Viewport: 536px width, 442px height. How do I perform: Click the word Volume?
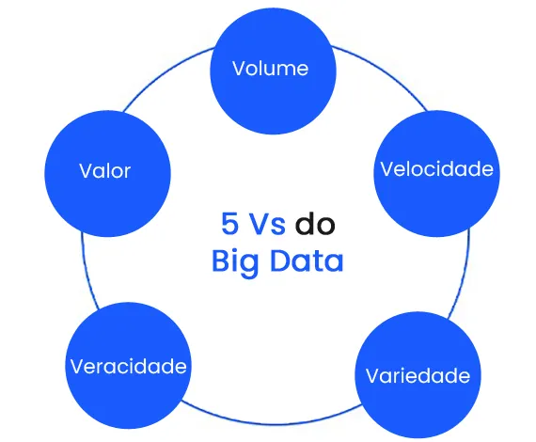(270, 69)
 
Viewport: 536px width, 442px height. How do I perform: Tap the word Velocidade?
(435, 169)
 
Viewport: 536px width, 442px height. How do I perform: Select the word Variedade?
(417, 376)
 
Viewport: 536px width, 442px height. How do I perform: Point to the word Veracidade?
(129, 366)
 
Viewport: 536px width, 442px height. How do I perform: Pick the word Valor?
(104, 171)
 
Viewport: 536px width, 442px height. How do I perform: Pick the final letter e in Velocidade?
(487, 169)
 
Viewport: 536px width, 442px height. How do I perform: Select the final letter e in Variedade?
(464, 376)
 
